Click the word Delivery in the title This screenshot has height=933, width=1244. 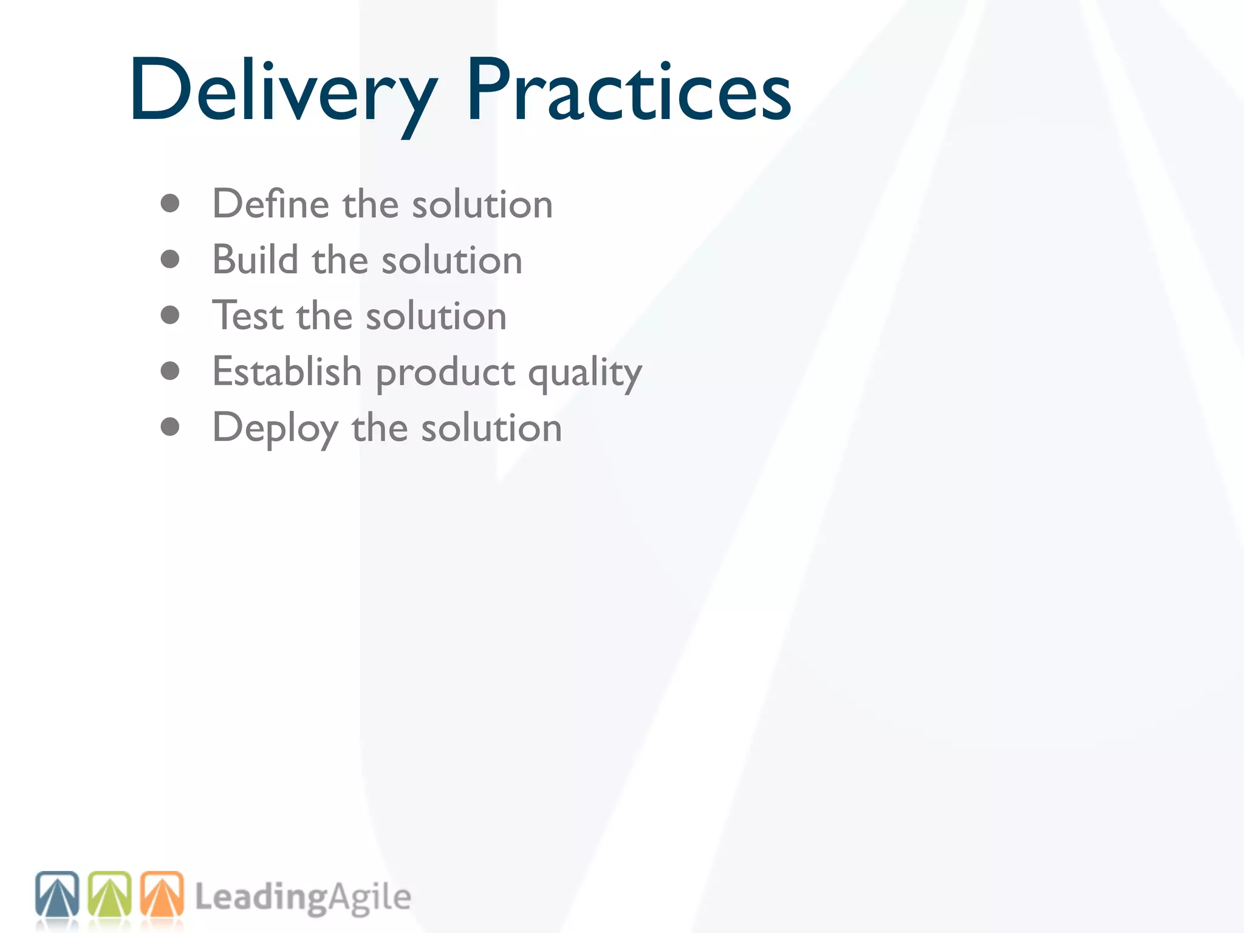point(282,91)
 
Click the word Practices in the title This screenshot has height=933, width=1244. point(629,91)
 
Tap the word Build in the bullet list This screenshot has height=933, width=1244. point(255,260)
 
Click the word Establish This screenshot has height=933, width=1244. point(287,371)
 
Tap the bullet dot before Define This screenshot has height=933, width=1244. point(170,203)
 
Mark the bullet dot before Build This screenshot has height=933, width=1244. point(170,259)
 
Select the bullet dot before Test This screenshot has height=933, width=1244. point(170,315)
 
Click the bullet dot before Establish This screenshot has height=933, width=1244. point(170,371)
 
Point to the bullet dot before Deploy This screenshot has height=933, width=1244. point(170,427)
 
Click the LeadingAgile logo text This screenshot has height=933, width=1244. point(302,898)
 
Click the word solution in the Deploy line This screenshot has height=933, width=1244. point(491,428)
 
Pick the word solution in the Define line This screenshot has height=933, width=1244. point(482,204)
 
